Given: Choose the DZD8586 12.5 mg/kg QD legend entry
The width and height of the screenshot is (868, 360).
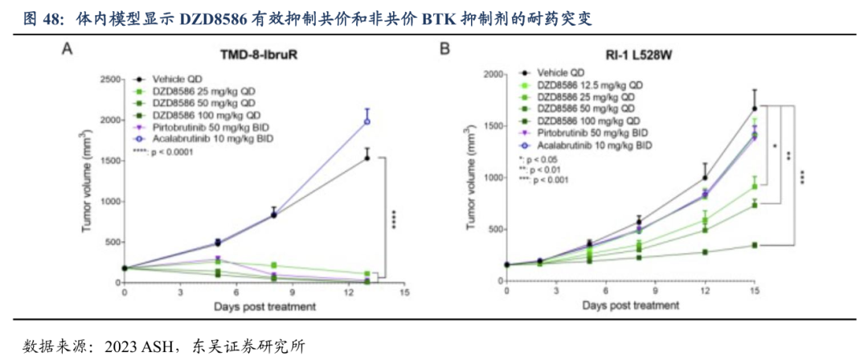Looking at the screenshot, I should click(x=587, y=85).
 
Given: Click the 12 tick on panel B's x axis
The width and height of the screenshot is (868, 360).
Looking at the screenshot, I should click(x=703, y=294).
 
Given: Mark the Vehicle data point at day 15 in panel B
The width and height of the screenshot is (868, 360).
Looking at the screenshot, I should click(x=754, y=108).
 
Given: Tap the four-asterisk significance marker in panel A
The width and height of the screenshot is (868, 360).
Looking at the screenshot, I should click(x=394, y=219).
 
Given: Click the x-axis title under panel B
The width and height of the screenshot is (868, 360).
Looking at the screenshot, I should click(x=630, y=305).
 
